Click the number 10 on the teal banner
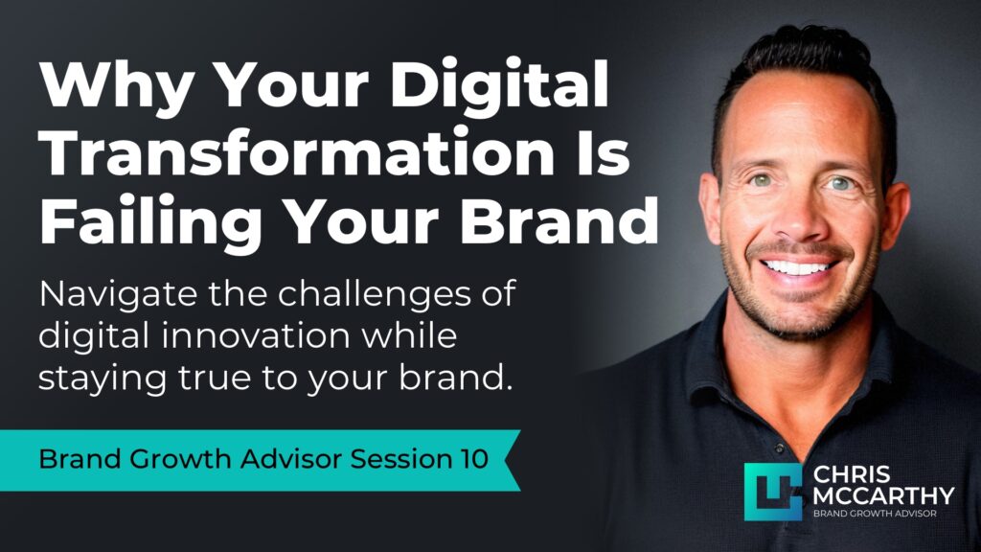pos(468,460)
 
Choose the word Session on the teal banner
pos(394,460)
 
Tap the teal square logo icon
pos(772,491)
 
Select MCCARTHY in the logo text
pos(882,495)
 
